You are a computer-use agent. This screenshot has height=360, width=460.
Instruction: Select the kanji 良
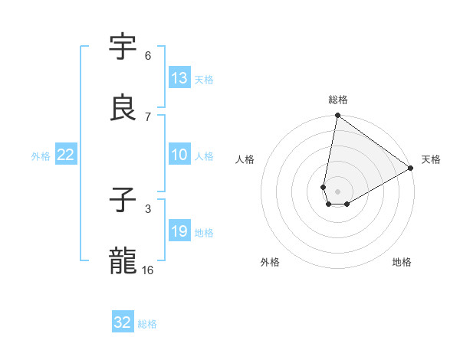pyautogui.click(x=123, y=108)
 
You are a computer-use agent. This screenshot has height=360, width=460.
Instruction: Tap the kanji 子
pyautogui.click(x=123, y=201)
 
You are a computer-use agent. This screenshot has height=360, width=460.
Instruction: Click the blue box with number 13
pyautogui.click(x=179, y=78)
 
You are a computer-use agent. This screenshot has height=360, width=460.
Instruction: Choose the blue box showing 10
pyautogui.click(x=179, y=155)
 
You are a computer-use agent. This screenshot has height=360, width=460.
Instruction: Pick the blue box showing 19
pyautogui.click(x=179, y=231)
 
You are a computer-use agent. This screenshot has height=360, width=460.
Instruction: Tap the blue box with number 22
pyautogui.click(x=66, y=155)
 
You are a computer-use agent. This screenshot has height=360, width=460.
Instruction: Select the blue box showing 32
pyautogui.click(x=123, y=322)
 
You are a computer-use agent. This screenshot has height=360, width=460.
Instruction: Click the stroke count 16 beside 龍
pyautogui.click(x=148, y=270)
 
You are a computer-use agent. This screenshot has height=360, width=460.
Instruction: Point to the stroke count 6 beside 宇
pyautogui.click(x=148, y=56)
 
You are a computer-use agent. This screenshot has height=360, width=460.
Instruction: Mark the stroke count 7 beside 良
pyautogui.click(x=148, y=116)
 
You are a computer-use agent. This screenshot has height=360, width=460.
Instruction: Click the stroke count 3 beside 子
pyautogui.click(x=148, y=208)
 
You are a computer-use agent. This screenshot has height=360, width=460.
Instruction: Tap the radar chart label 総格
pyautogui.click(x=338, y=100)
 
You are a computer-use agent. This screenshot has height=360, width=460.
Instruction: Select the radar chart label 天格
pyautogui.click(x=431, y=159)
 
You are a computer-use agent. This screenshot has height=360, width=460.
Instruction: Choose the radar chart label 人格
pyautogui.click(x=245, y=159)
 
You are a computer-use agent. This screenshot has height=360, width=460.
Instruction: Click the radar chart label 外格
pyautogui.click(x=270, y=262)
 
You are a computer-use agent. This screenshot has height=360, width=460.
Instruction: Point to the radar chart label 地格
pyautogui.click(x=402, y=262)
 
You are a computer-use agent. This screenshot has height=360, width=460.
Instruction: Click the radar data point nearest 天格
pyautogui.click(x=411, y=169)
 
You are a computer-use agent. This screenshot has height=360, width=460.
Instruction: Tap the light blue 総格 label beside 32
pyautogui.click(x=147, y=324)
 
